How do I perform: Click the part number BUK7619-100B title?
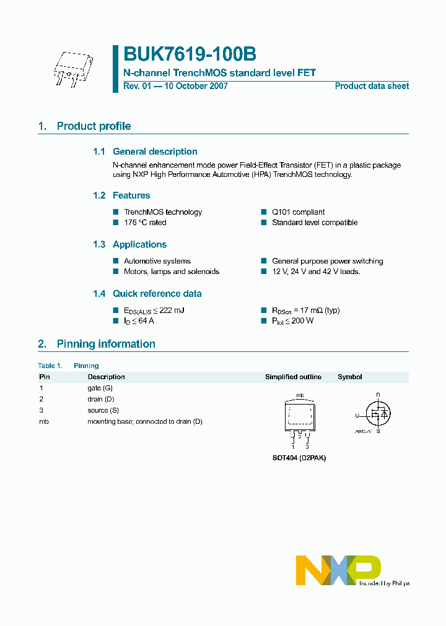point(190,55)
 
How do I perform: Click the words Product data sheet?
point(372,86)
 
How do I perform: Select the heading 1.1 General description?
point(145,152)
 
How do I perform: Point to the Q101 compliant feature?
point(298,212)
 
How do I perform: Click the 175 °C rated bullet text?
point(145,223)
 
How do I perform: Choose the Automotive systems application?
point(157,261)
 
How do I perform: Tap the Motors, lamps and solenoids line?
point(171,272)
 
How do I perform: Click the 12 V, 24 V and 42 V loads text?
point(316,272)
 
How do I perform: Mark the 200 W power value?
point(304,321)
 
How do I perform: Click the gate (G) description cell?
point(100,388)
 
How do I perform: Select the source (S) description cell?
point(103,410)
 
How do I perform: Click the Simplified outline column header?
point(293,377)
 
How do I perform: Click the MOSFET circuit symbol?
point(377,414)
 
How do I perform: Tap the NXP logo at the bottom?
point(338,570)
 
